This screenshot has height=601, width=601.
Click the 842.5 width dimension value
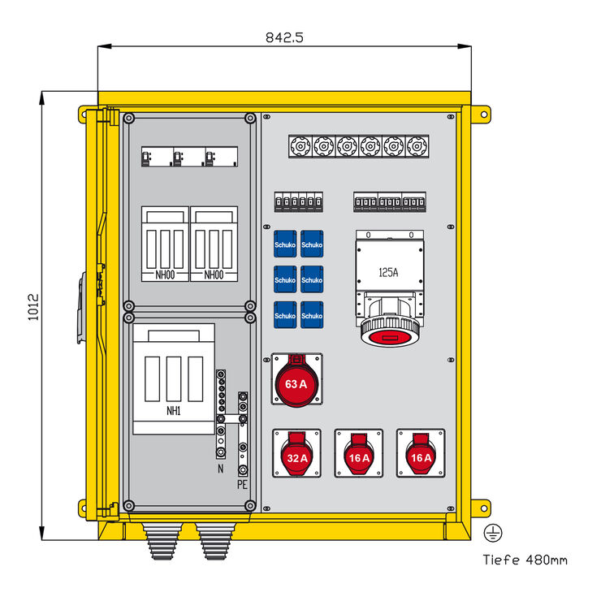[284, 37]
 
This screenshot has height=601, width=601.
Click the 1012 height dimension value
[33, 308]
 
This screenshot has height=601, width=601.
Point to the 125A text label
[388, 273]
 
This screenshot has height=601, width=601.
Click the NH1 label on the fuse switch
[173, 411]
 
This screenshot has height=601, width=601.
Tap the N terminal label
[219, 469]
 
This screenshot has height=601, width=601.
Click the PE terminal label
[242, 485]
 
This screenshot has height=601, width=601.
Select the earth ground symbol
[492, 533]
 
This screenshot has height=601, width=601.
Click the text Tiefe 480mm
[525, 560]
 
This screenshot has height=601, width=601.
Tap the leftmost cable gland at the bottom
[158, 540]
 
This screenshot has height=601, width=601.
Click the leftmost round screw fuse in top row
[300, 146]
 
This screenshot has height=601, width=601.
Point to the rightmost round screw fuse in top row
[417, 146]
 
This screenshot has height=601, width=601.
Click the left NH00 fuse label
[165, 275]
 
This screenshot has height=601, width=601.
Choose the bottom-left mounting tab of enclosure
[87, 507]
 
